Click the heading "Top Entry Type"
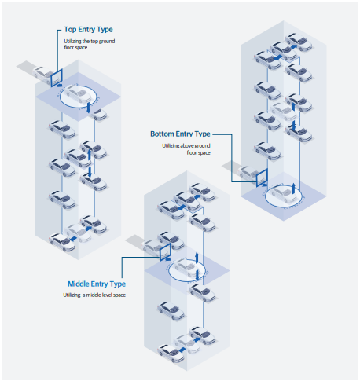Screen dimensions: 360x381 [88, 30]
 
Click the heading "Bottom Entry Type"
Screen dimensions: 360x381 [180, 134]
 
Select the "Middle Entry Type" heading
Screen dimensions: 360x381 [97, 284]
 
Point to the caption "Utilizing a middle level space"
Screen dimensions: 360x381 [94, 295]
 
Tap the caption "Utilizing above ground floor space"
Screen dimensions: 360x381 [186, 149]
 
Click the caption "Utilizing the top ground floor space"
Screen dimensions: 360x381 [90, 44]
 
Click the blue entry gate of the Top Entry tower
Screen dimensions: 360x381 [57, 78]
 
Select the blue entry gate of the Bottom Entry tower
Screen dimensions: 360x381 [262, 178]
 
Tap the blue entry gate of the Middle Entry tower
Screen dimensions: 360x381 [165, 252]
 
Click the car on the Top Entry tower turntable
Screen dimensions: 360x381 [79, 93]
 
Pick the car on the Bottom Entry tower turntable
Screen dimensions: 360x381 [283, 194]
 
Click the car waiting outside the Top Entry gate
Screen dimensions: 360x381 [42, 75]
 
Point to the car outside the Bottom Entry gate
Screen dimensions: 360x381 [248, 174]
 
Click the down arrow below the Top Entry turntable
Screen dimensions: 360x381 [89, 108]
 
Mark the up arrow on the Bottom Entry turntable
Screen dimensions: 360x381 [294, 188]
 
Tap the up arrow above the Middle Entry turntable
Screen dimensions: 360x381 [197, 258]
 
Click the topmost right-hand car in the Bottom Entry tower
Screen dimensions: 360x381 [299, 42]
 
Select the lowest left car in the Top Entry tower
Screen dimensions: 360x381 [62, 242]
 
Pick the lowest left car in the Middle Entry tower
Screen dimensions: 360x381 [171, 354]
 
